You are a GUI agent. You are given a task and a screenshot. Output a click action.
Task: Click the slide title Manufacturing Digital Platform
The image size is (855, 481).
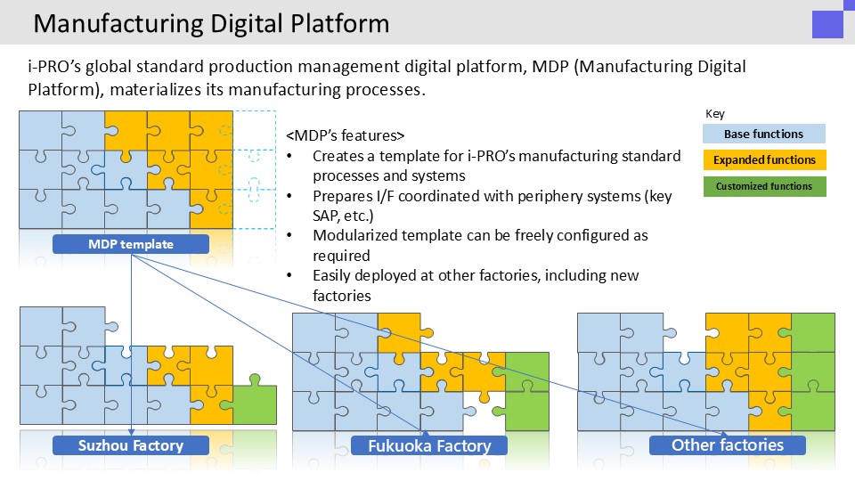[211, 24]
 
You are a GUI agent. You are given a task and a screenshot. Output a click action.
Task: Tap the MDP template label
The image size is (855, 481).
[131, 244]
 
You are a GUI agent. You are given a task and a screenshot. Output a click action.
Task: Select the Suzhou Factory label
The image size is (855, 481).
[131, 445]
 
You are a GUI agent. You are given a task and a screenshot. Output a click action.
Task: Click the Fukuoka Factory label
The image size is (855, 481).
[429, 445]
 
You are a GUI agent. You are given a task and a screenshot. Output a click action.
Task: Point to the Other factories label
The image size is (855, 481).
[728, 445]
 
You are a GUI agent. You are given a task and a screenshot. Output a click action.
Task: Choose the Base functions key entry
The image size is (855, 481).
[764, 134]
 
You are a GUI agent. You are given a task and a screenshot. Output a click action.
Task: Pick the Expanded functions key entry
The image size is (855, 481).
[764, 159]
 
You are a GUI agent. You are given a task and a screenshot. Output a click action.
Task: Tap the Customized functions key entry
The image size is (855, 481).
[764, 186]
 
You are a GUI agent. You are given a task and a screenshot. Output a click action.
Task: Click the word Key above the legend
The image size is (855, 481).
[715, 114]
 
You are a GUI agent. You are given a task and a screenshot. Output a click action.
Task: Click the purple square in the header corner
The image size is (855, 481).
[827, 23]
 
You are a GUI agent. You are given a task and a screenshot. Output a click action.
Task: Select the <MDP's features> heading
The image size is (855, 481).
[346, 135]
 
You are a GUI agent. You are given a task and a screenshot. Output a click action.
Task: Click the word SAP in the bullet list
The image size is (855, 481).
[325, 216]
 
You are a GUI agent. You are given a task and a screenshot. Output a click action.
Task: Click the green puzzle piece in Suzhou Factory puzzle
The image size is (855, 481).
[255, 400]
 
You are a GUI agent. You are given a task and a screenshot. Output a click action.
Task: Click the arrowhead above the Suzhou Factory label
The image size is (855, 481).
[132, 432]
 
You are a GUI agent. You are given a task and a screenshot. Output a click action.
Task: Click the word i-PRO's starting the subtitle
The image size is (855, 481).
[54, 67]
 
